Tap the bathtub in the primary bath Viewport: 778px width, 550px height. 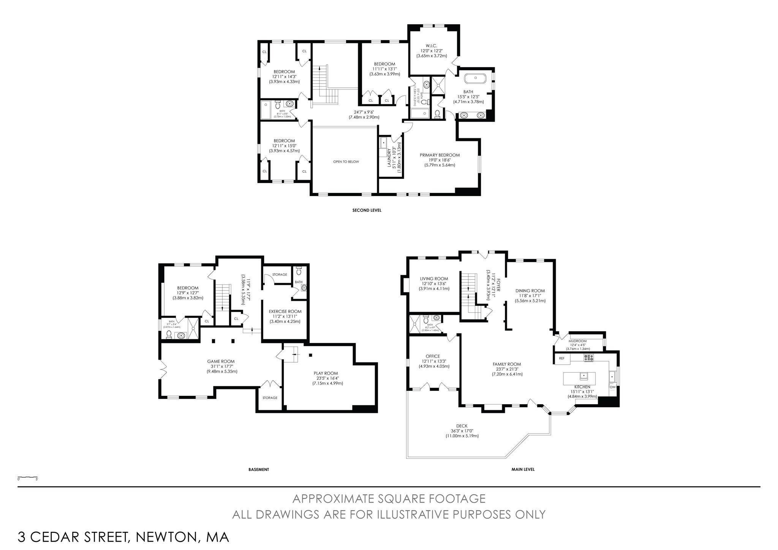click(476, 78)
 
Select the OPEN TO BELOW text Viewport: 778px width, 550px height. click(346, 162)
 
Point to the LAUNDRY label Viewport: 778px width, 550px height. click(389, 158)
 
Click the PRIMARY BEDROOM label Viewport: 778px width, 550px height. click(440, 155)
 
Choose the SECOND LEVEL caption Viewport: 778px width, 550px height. click(367, 210)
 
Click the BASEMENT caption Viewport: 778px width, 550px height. click(259, 469)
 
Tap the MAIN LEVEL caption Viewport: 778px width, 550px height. click(523, 469)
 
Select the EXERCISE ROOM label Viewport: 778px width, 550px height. click(285, 311)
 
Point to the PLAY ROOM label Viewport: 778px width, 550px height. click(326, 373)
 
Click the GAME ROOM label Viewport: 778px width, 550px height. click(221, 361)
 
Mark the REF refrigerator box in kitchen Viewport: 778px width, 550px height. click(562, 358)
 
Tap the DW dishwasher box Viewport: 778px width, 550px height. click(612, 387)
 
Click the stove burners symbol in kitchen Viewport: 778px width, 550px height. click(588, 357)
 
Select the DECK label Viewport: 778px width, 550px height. click(462, 426)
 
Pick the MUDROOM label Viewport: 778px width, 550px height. click(577, 341)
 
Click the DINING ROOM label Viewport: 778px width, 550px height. click(530, 291)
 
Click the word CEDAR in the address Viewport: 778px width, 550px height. click(78, 537)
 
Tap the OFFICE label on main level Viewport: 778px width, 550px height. click(433, 356)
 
